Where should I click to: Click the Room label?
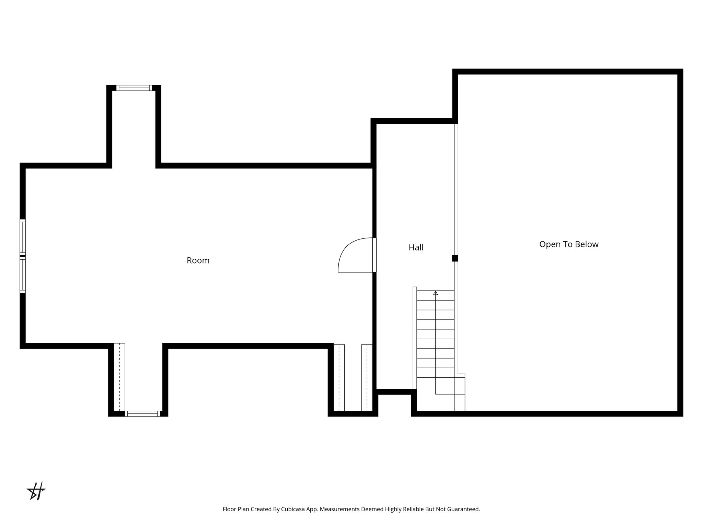[198, 260]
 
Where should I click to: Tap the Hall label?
[416, 247]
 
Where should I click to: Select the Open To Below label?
[569, 244]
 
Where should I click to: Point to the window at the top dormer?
[134, 88]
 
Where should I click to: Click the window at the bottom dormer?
[142, 413]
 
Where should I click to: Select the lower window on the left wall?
[23, 275]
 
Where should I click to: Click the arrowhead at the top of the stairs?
[436, 293]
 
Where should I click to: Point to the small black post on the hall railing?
[455, 258]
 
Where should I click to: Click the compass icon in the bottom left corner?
[36, 491]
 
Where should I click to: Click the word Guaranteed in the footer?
[464, 510]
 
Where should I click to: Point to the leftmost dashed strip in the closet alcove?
[339, 377]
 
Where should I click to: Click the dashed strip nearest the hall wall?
[367, 377]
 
